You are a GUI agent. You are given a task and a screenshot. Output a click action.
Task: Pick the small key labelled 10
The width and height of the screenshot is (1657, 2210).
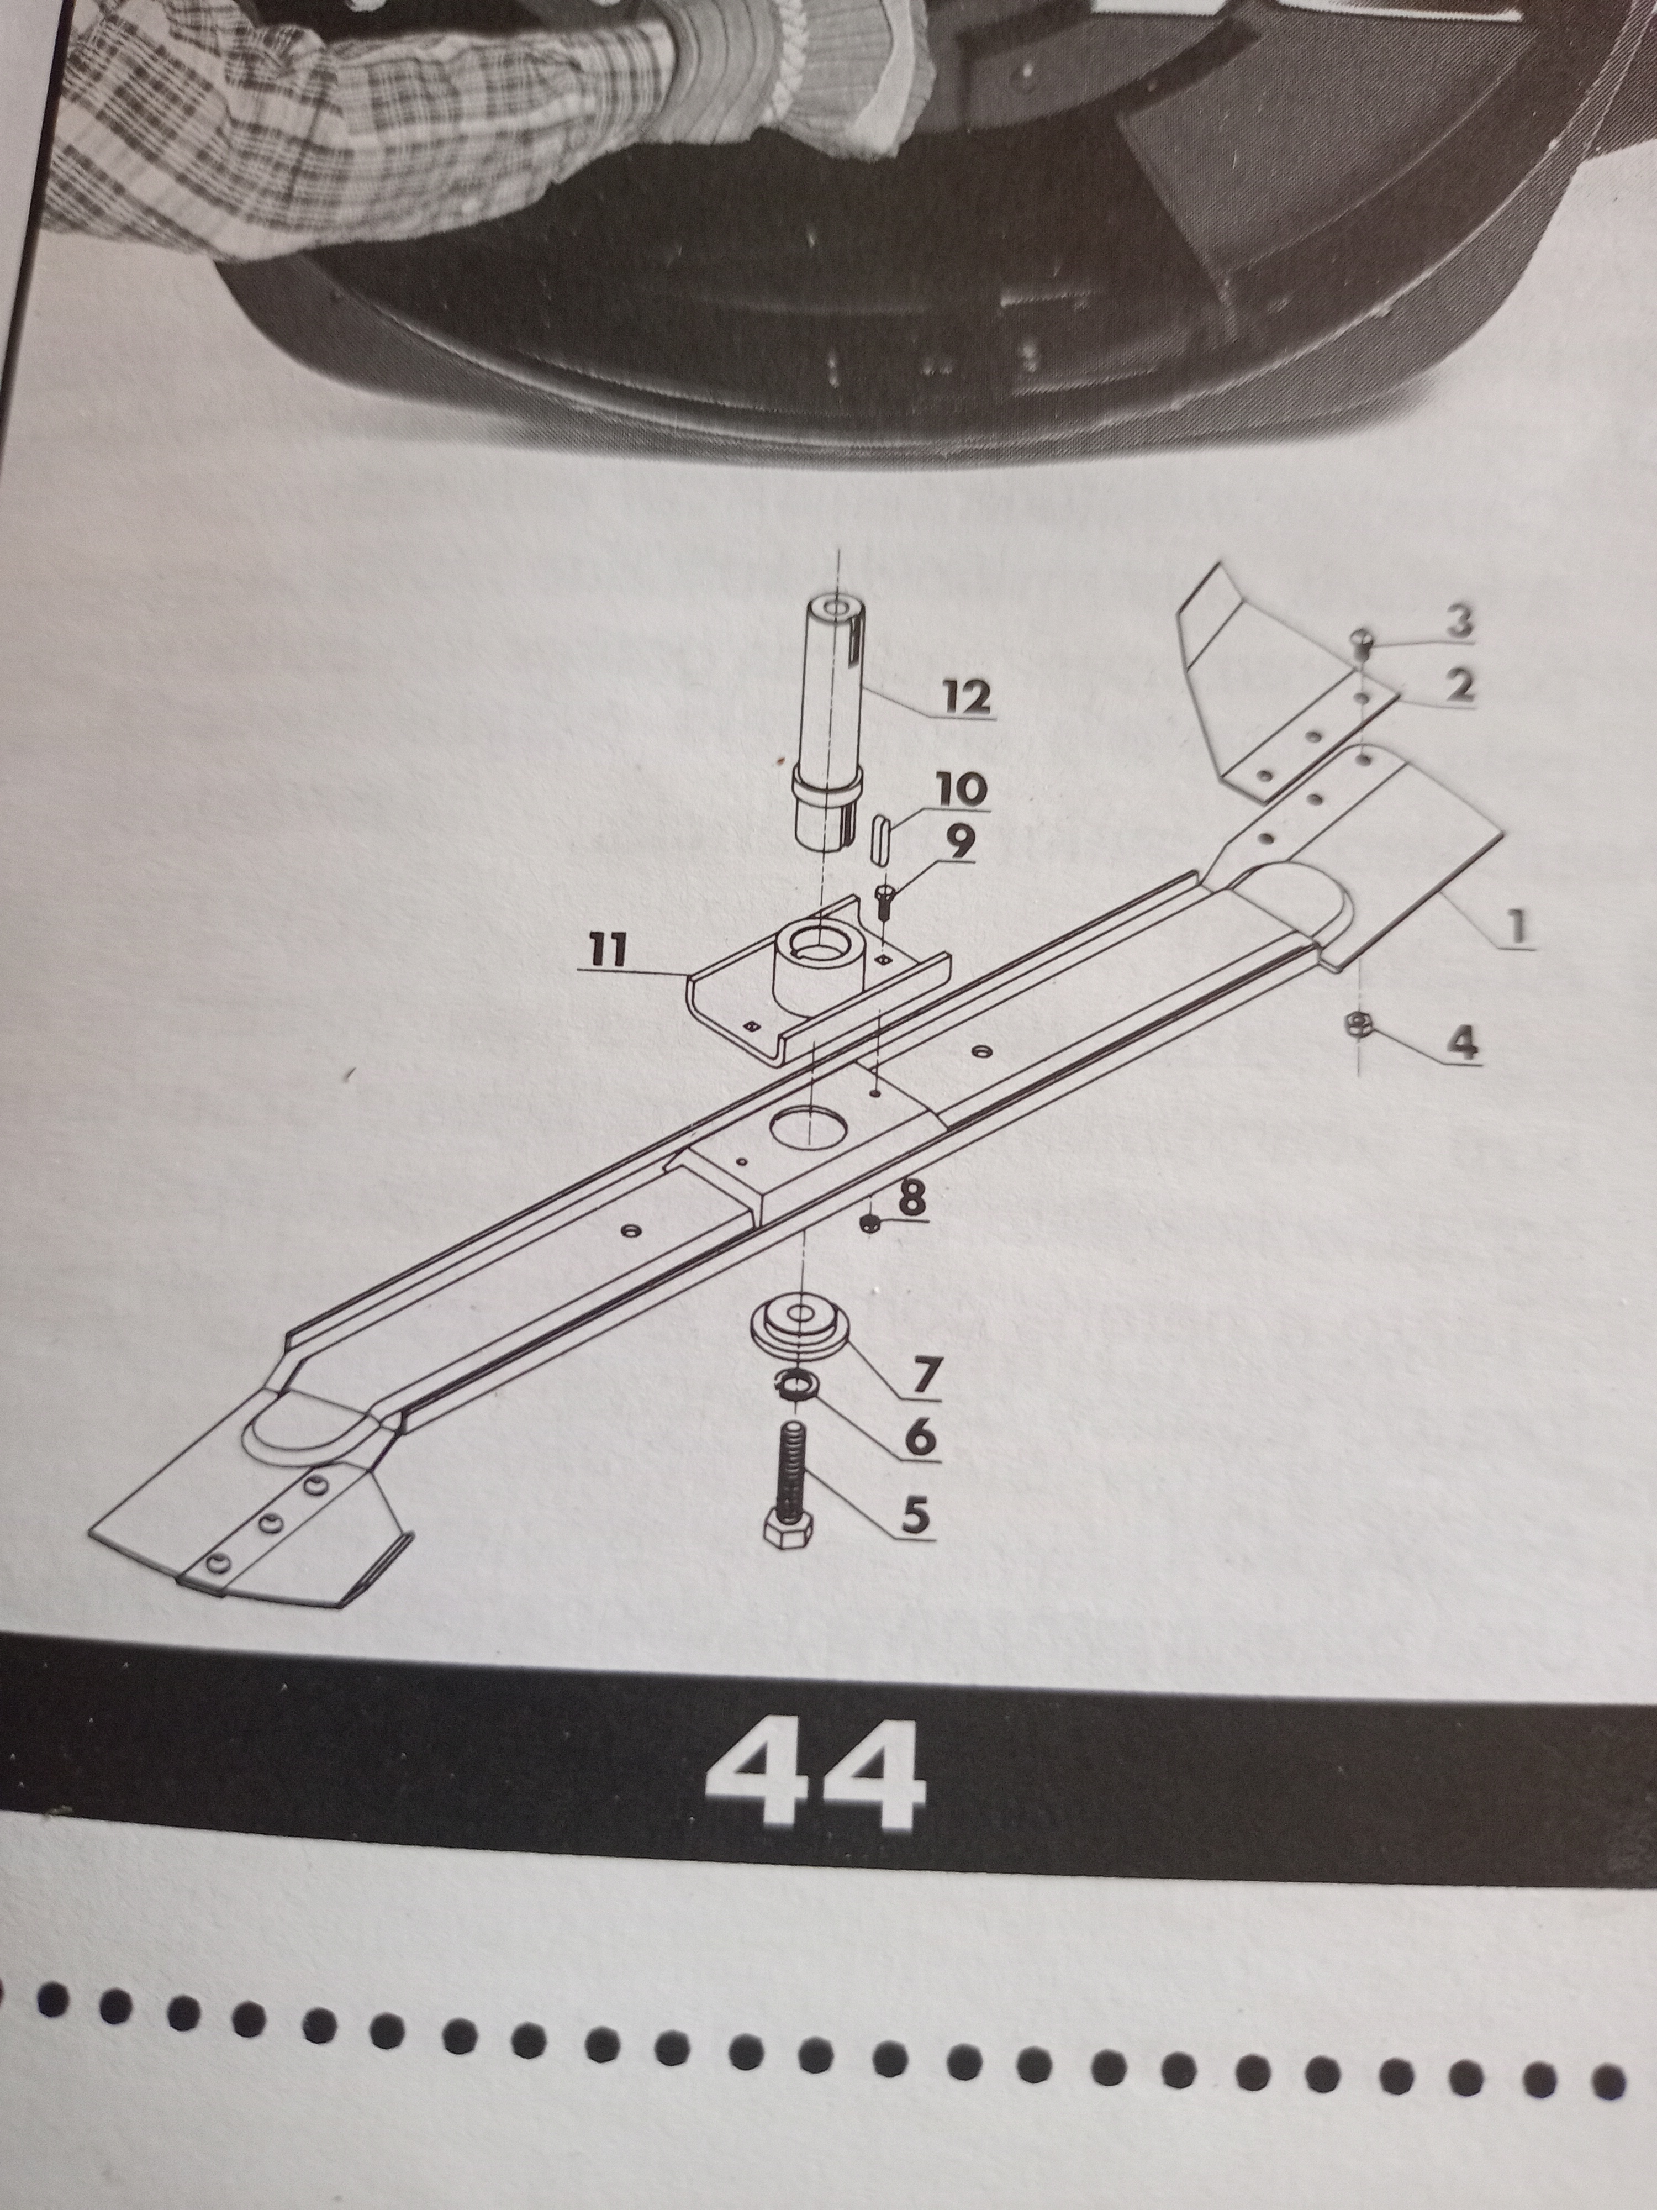tap(883, 833)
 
